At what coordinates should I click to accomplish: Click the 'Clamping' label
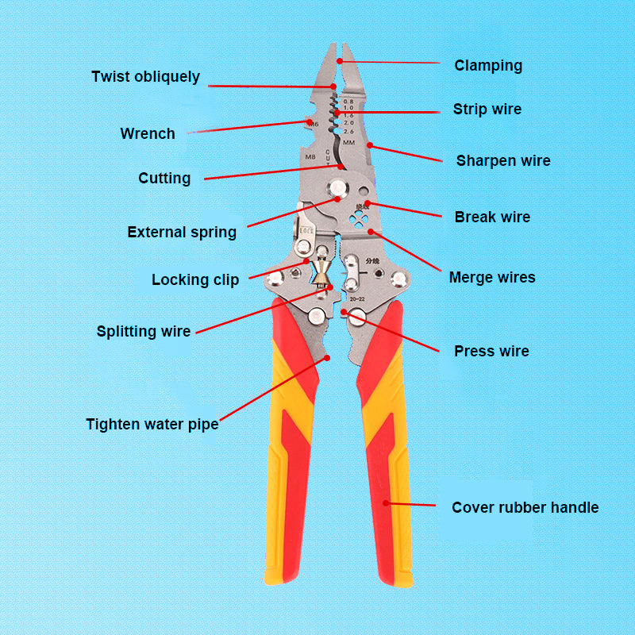click(488, 65)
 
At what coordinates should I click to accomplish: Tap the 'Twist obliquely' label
click(145, 77)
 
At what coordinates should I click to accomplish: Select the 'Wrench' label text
click(148, 133)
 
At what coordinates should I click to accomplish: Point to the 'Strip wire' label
click(487, 109)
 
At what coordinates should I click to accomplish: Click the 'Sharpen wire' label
click(502, 160)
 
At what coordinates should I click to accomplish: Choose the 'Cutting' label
click(164, 178)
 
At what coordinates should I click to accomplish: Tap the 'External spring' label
click(182, 233)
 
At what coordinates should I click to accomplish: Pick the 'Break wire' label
click(492, 217)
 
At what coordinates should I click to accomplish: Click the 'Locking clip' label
click(195, 279)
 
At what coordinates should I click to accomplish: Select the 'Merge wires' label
click(492, 277)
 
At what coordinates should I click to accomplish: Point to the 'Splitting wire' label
click(144, 331)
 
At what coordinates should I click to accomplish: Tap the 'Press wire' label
click(491, 351)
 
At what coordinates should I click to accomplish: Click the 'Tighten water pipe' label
click(152, 424)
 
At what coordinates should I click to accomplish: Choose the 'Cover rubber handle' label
click(525, 507)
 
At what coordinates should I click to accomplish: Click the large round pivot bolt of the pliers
click(341, 188)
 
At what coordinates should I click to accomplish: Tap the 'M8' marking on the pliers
click(311, 157)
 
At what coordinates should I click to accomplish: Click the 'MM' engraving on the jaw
click(348, 141)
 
